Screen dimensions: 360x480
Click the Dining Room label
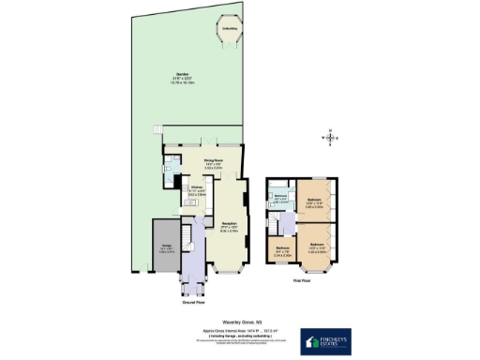(213, 162)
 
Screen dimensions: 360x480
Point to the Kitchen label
(197, 189)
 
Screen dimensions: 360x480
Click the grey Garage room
(163, 248)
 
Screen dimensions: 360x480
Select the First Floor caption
(302, 280)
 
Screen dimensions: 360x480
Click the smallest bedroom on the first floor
(284, 248)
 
